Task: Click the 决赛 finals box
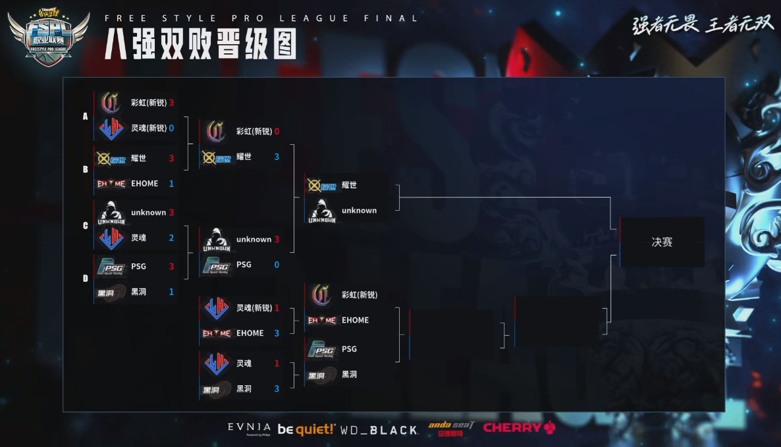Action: click(x=662, y=242)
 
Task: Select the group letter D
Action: click(x=85, y=278)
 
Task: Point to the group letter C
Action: click(x=85, y=226)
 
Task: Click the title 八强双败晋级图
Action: click(x=200, y=45)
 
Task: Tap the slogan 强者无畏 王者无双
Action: click(x=703, y=24)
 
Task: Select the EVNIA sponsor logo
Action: click(x=249, y=428)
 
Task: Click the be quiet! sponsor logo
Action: click(x=306, y=429)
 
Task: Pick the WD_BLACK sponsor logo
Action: click(x=379, y=430)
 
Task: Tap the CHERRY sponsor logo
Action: click(x=519, y=428)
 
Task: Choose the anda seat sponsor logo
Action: click(x=451, y=429)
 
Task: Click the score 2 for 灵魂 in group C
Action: click(x=171, y=238)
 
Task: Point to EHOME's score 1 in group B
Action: click(x=171, y=184)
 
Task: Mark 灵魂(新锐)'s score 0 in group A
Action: click(x=171, y=128)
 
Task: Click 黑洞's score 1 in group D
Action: click(x=171, y=292)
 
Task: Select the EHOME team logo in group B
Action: click(x=111, y=184)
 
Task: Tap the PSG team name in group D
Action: click(x=138, y=267)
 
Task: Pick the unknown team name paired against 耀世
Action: click(x=359, y=211)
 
